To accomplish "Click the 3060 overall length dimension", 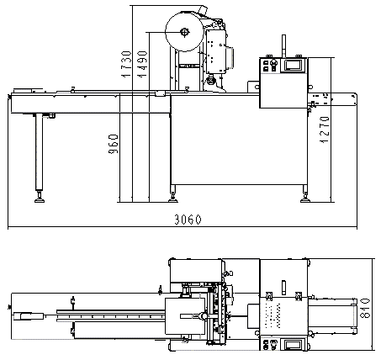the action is [x=188, y=220].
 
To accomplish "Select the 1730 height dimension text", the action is [x=126, y=64].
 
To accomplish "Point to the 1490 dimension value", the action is [x=142, y=64].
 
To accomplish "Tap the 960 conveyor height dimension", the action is [x=114, y=144].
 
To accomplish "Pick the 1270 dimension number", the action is [x=325, y=130].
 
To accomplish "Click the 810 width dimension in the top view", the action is [x=365, y=308].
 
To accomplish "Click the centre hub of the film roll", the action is [x=184, y=32].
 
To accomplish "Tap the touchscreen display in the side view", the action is [x=294, y=65].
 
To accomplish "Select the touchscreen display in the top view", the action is [x=294, y=345].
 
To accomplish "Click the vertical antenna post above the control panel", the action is [x=283, y=46].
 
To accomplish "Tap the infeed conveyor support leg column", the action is [x=39, y=152].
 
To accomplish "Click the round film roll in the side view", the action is [x=184, y=31].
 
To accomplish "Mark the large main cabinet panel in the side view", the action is [x=239, y=140].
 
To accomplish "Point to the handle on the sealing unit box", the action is [x=230, y=57].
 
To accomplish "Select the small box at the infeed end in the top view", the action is [x=29, y=316].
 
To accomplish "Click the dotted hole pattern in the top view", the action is [x=272, y=315].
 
